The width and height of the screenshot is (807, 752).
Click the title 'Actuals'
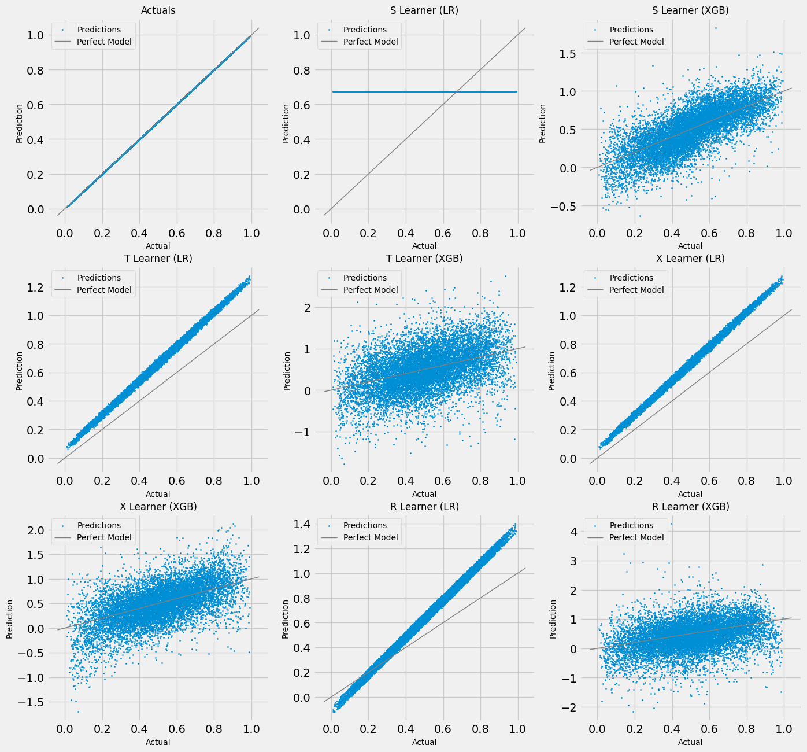[158, 10]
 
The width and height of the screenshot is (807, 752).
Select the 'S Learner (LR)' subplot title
[424, 10]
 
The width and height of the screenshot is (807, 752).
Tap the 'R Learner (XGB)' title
[690, 506]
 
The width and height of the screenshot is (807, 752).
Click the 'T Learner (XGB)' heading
[424, 259]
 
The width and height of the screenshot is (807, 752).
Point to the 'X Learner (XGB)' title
[158, 506]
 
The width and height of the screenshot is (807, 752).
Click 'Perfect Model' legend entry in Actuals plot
[104, 42]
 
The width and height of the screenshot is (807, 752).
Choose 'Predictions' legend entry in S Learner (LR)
[365, 30]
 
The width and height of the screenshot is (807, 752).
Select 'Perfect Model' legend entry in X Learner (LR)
[636, 290]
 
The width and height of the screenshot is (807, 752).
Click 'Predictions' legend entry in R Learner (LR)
[365, 525]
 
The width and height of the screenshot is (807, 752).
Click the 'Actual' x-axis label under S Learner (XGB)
[690, 246]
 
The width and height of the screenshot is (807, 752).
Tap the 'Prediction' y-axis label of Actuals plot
[19, 123]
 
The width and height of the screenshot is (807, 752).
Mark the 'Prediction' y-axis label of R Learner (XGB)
[553, 619]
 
